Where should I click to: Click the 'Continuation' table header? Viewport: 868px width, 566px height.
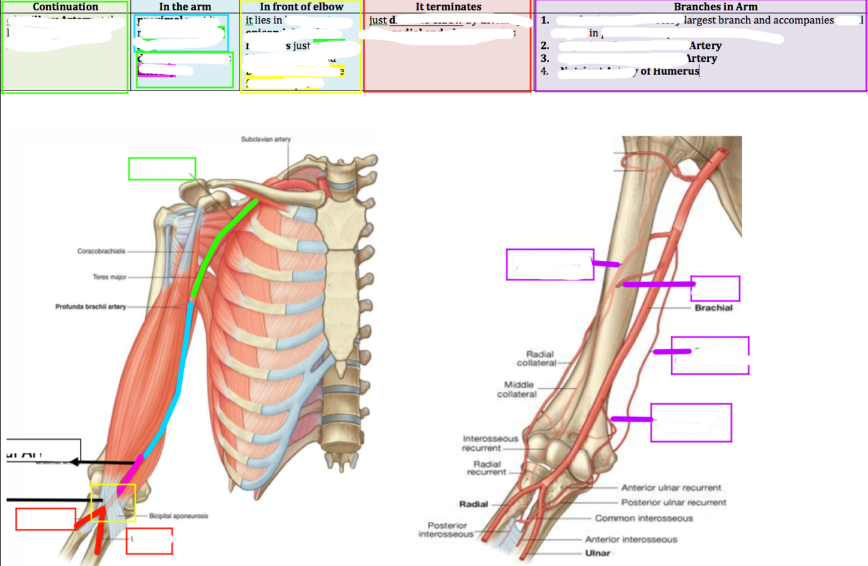point(65,7)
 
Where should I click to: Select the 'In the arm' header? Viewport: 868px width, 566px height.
point(185,7)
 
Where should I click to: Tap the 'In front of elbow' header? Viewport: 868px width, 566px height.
point(301,7)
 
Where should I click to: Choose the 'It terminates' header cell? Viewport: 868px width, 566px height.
point(448,7)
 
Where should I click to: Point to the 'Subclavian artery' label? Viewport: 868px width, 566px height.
point(265,139)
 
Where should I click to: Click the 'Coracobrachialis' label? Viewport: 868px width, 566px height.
point(102,251)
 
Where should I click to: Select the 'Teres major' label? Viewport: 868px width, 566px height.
point(109,277)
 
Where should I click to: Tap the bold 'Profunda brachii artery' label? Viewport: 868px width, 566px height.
point(90,306)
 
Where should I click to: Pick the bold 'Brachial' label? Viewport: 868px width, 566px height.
point(713,308)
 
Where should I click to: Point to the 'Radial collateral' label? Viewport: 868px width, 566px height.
point(537,358)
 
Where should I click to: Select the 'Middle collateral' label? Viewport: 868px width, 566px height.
point(517,390)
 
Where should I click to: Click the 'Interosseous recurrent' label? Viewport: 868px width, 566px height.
point(491,443)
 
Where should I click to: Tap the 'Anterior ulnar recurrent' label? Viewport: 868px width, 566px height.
point(671,488)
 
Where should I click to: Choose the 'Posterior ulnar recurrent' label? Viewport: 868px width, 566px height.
point(673,502)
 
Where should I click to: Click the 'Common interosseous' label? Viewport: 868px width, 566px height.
point(644,519)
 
